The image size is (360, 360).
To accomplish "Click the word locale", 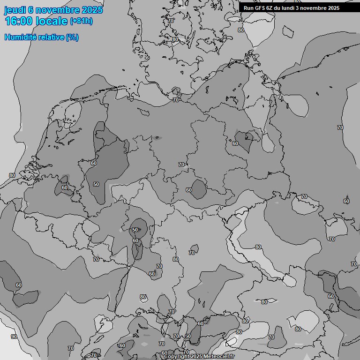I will point(52,21).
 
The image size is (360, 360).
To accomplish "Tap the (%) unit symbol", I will point(72,37).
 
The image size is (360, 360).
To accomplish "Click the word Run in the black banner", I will point(248,8).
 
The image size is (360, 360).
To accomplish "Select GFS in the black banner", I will point(260,8).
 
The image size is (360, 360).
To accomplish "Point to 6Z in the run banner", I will point(270,8).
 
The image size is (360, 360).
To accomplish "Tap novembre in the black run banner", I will point(315,8).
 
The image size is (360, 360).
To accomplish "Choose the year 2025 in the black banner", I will point(333,8).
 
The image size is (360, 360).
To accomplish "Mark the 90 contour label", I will point(14,337).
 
